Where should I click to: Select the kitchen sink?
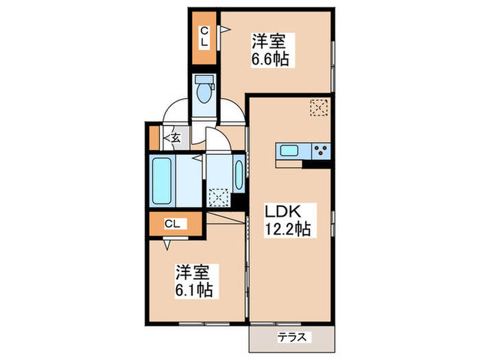(288, 151)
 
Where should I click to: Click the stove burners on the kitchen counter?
(320, 151)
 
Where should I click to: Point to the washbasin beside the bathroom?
(238, 176)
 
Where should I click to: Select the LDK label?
(282, 211)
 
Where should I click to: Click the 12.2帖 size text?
(288, 230)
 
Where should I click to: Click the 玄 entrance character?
(176, 138)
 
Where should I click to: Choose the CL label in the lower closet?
(174, 223)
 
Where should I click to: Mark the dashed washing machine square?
(219, 197)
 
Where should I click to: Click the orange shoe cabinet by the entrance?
(154, 137)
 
